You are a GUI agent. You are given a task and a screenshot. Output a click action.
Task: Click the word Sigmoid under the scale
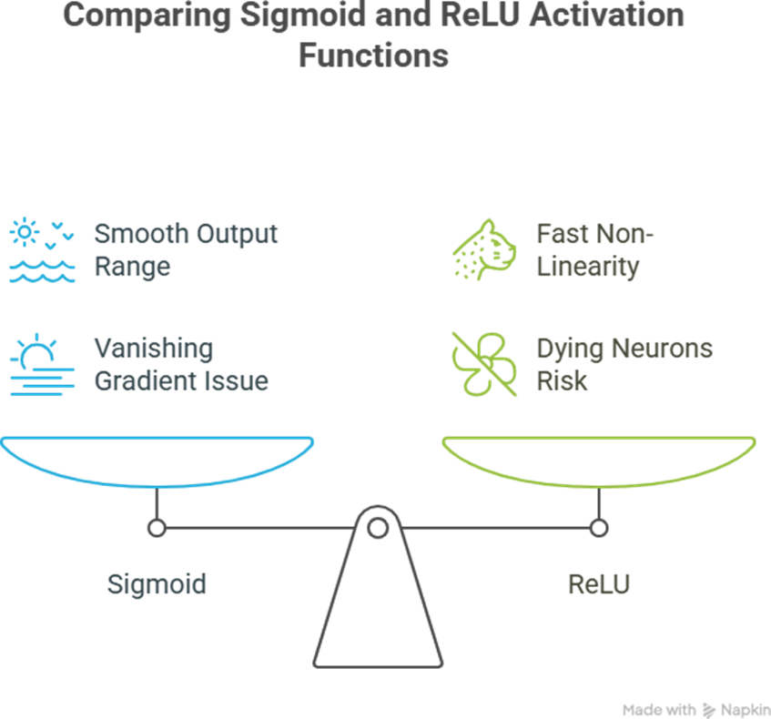(x=157, y=583)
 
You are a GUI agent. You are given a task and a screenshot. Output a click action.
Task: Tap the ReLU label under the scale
(x=598, y=583)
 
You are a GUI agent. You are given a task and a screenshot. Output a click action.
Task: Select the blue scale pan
(x=157, y=460)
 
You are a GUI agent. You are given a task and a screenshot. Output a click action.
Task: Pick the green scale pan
(x=598, y=460)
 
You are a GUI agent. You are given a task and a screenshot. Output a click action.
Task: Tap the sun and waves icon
(x=42, y=250)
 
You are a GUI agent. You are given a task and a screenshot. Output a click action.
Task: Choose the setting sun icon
(x=42, y=365)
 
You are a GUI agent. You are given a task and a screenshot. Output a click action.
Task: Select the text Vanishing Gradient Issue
(x=181, y=364)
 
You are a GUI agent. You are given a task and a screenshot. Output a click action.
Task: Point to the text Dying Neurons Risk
(x=624, y=364)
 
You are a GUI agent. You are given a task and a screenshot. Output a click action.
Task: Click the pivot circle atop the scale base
(x=377, y=526)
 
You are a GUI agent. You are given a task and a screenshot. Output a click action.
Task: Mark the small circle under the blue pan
(x=157, y=527)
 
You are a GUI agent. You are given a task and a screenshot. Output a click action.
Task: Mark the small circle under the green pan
(x=598, y=527)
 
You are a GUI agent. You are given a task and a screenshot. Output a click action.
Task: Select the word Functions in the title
(x=374, y=56)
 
